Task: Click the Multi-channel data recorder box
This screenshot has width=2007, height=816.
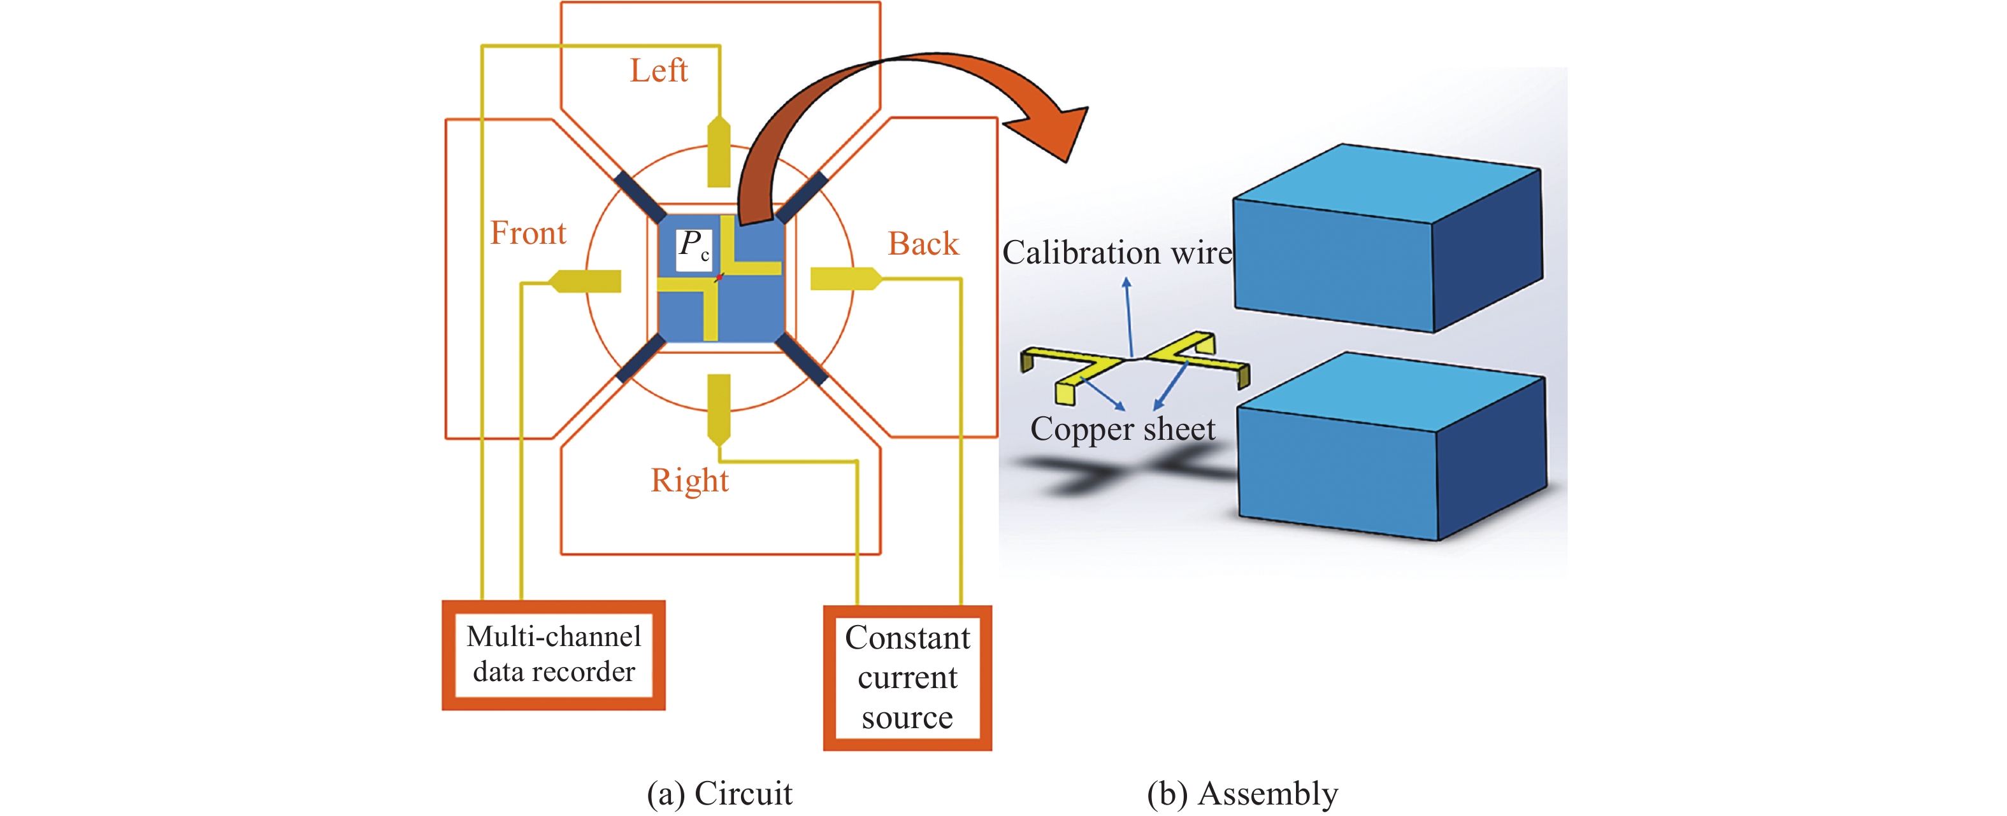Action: pos(553,655)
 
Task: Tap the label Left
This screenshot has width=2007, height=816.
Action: pos(658,71)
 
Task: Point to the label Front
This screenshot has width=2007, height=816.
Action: pos(528,234)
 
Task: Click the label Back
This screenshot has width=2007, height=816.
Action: pos(923,244)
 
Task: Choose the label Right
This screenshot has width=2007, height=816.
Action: pos(689,481)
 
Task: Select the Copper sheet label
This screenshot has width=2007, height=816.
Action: pos(1122,429)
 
